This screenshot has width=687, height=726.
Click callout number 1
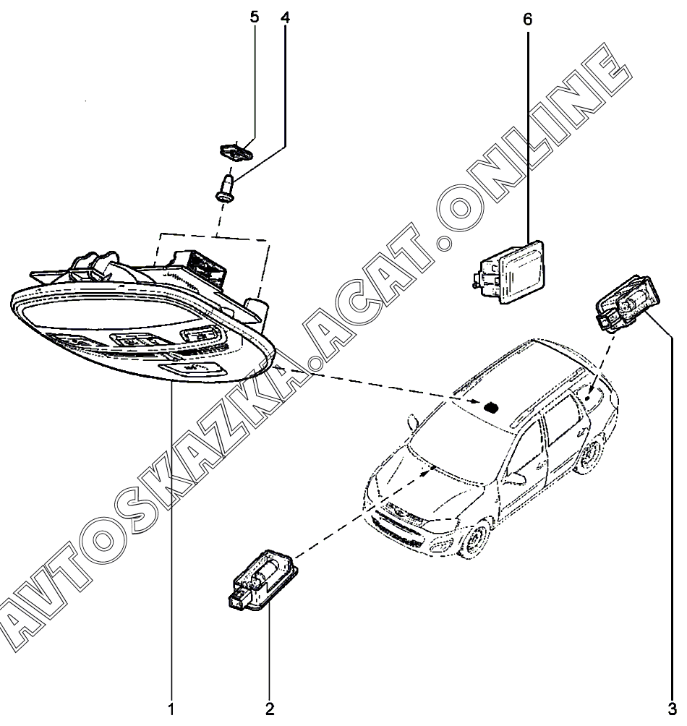(x=171, y=709)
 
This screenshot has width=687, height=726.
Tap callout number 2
(x=270, y=709)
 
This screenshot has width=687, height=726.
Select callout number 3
(x=672, y=709)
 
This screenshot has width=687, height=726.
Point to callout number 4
(x=284, y=17)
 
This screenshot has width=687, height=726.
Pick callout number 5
(x=255, y=17)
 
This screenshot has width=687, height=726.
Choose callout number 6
(x=527, y=20)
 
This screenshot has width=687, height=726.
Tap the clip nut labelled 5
(x=234, y=153)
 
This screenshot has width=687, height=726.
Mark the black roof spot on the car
(x=492, y=406)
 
